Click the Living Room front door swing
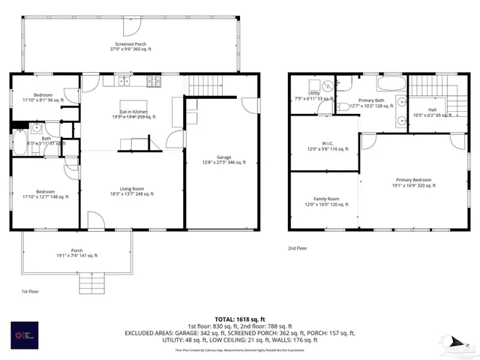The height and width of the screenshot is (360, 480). (x=95, y=220)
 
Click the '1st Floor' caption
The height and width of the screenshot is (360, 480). (x=30, y=290)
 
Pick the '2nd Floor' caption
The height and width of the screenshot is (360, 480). (x=298, y=247)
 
